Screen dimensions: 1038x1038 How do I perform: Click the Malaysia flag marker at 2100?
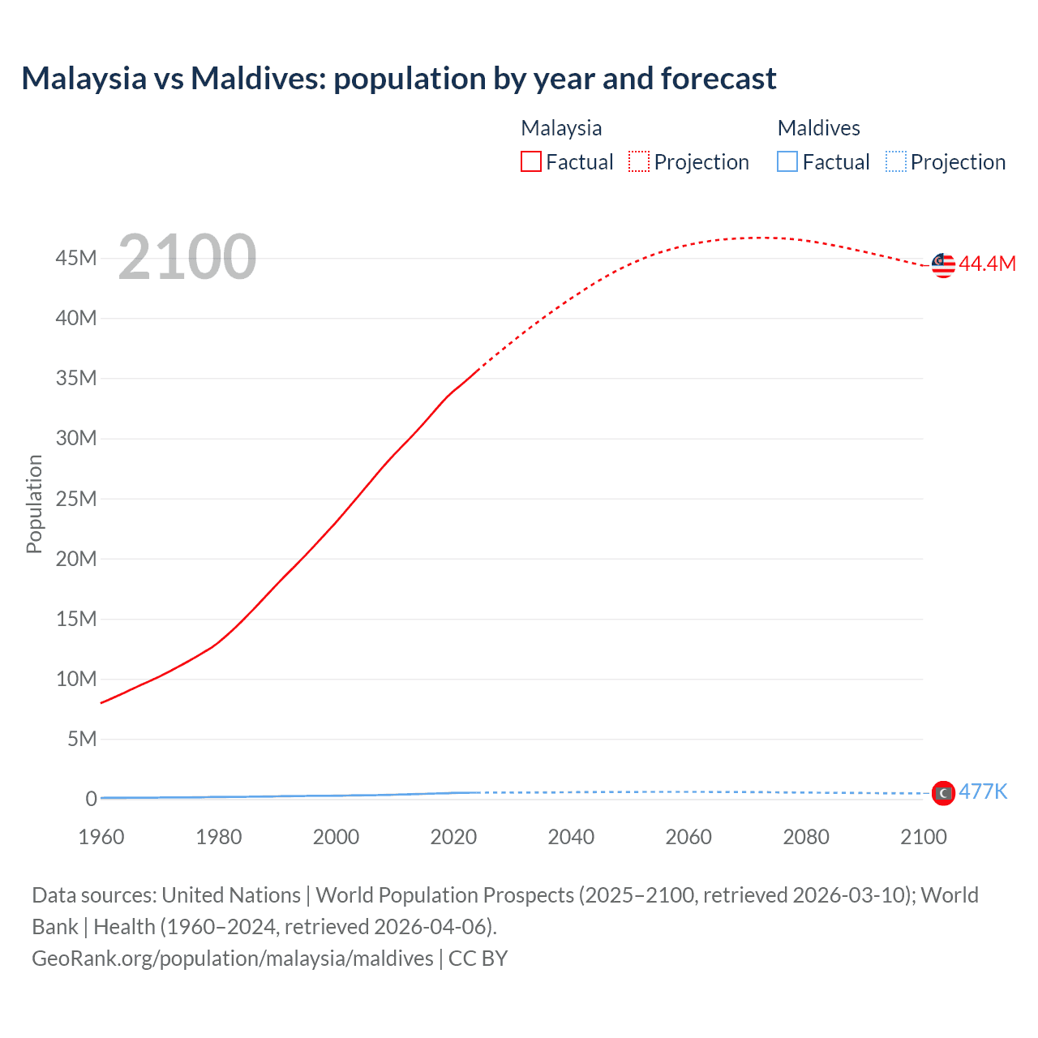pos(943,264)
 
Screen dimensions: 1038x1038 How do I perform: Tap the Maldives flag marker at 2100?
pos(943,793)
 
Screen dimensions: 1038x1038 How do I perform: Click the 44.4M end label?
pos(987,264)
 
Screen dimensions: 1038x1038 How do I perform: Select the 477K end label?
pos(983,791)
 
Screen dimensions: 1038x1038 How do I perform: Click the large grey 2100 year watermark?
pos(187,257)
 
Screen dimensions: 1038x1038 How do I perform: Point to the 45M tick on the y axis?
pos(76,258)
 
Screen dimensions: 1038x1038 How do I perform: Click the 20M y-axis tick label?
pos(76,559)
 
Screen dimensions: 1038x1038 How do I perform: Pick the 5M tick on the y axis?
pos(82,739)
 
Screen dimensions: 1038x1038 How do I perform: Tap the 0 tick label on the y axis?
pos(91,799)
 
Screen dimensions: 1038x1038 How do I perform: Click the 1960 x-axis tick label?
pos(101,837)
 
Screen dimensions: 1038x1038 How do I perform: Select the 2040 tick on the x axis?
pos(571,837)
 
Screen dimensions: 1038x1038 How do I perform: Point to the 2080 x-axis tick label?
pos(806,837)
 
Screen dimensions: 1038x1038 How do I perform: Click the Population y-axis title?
pos(34,504)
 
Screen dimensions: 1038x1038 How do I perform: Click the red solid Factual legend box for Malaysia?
pos(531,162)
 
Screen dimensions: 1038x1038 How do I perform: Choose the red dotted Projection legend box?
pos(639,162)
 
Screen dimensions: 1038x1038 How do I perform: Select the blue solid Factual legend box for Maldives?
pos(787,162)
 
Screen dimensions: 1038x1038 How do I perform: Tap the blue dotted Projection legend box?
pos(896,162)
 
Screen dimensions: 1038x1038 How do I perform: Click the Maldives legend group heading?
pos(818,128)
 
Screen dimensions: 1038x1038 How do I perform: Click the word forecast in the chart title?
pos(718,79)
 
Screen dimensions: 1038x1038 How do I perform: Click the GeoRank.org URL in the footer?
pos(233,959)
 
